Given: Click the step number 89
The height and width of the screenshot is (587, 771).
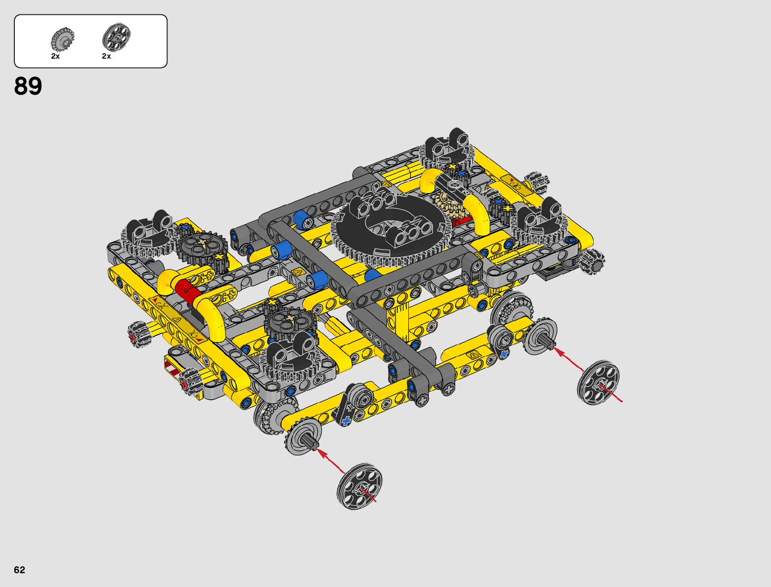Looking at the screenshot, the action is click(x=28, y=86).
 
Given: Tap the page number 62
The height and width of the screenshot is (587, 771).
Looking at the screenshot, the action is click(x=20, y=570).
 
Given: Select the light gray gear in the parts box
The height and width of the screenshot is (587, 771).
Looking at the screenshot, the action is click(x=63, y=39).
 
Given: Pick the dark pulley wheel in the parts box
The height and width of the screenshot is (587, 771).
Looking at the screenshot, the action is click(x=116, y=37).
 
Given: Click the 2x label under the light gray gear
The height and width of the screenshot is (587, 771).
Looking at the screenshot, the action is click(x=56, y=56).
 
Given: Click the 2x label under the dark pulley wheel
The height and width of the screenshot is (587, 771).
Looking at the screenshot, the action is click(x=106, y=56).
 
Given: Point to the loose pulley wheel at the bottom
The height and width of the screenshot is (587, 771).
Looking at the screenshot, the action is click(x=359, y=486).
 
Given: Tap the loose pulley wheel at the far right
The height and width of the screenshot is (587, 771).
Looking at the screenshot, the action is click(x=599, y=382).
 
